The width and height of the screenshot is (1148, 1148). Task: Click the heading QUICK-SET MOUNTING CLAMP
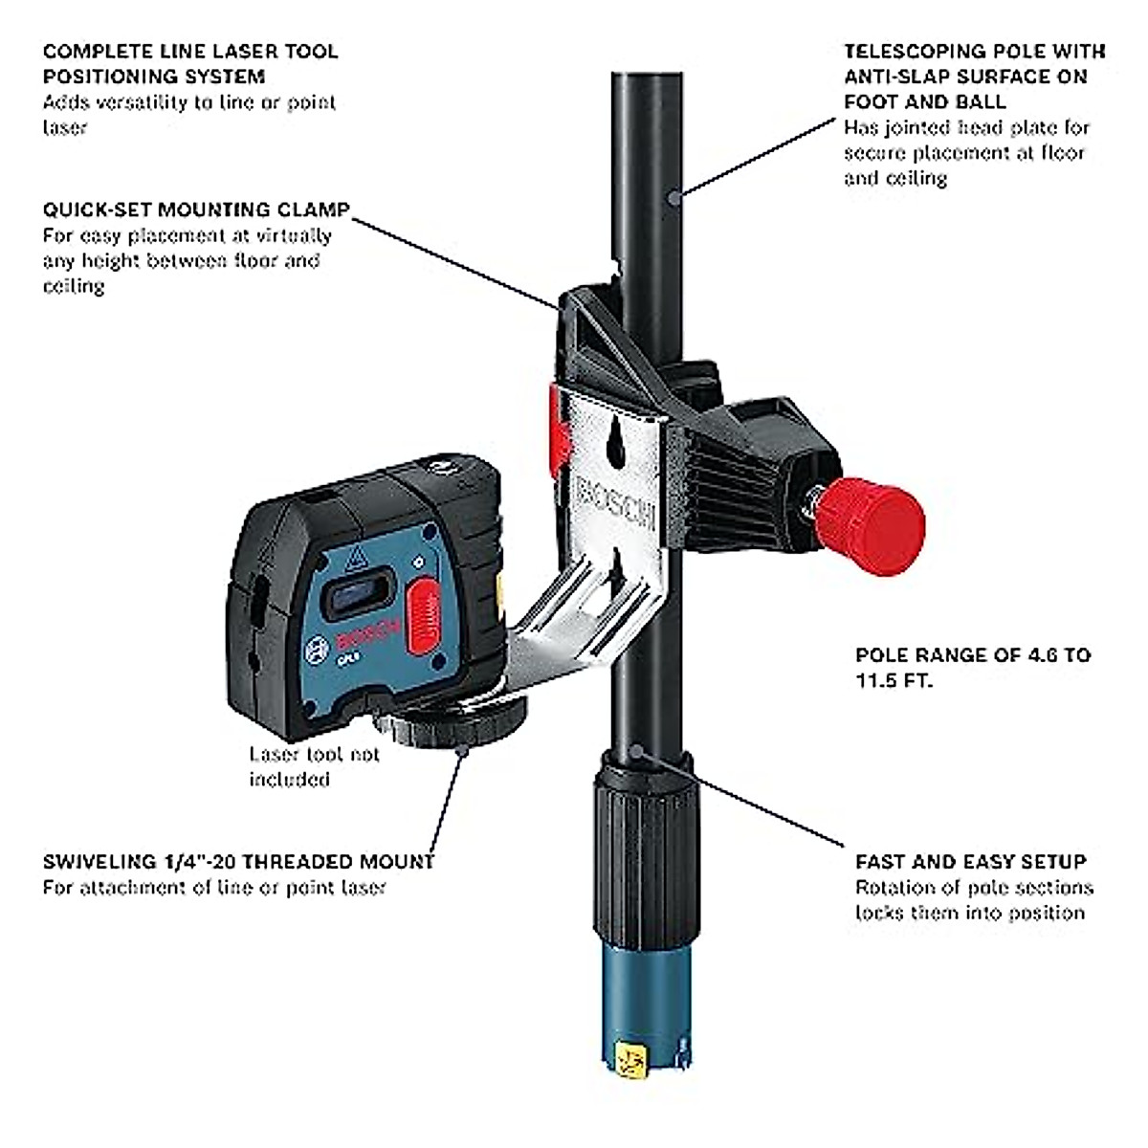[196, 210]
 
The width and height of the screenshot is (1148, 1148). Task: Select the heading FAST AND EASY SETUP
[970, 861]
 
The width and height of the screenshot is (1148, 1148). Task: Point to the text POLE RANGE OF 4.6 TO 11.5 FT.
[972, 668]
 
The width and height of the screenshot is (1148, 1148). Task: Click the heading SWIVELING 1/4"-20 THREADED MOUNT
[238, 861]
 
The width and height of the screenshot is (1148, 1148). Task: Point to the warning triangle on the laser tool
[356, 554]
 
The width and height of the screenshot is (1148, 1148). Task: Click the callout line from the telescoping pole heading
[756, 158]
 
